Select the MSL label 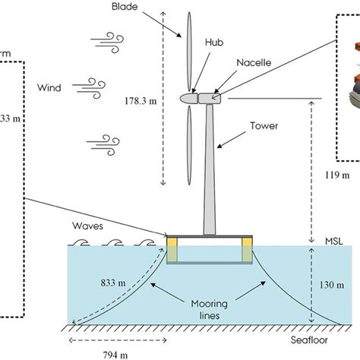coord(332,240)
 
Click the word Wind coord(49,87)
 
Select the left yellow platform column coord(172,248)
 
